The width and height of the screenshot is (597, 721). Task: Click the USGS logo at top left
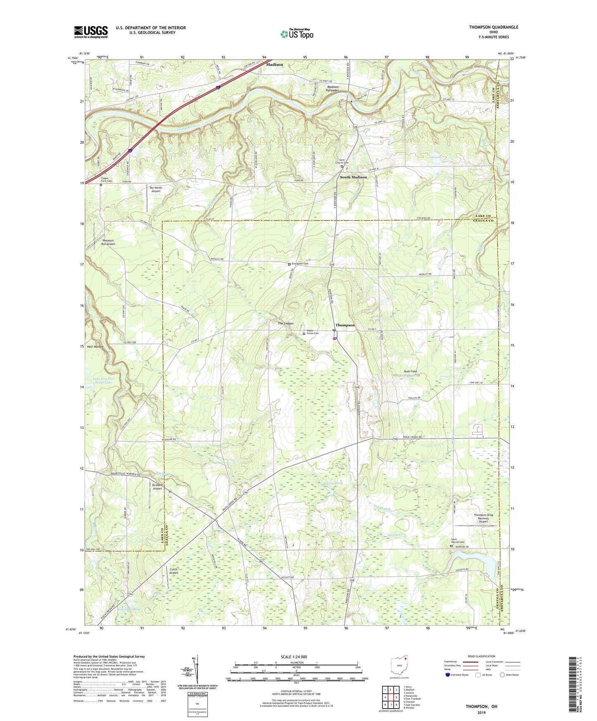pyautogui.click(x=91, y=32)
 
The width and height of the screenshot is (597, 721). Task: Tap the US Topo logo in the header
pyautogui.click(x=297, y=34)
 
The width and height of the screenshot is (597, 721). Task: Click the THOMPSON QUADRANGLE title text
pyautogui.click(x=493, y=27)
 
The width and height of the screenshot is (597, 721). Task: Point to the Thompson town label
pyautogui.click(x=345, y=325)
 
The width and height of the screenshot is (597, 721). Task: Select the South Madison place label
pyautogui.click(x=353, y=177)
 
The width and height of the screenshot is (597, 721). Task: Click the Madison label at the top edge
pyautogui.click(x=275, y=64)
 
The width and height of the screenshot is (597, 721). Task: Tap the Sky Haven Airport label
pyautogui.click(x=156, y=190)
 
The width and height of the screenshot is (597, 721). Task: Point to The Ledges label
pyautogui.click(x=285, y=323)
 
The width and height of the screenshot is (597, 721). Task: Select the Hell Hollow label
pyautogui.click(x=95, y=346)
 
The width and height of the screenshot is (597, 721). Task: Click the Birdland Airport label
pyautogui.click(x=157, y=487)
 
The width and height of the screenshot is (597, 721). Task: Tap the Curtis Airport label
pyautogui.click(x=174, y=571)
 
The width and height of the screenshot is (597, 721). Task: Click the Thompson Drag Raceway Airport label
pyautogui.click(x=483, y=518)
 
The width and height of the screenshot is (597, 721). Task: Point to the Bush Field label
pyautogui.click(x=410, y=372)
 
